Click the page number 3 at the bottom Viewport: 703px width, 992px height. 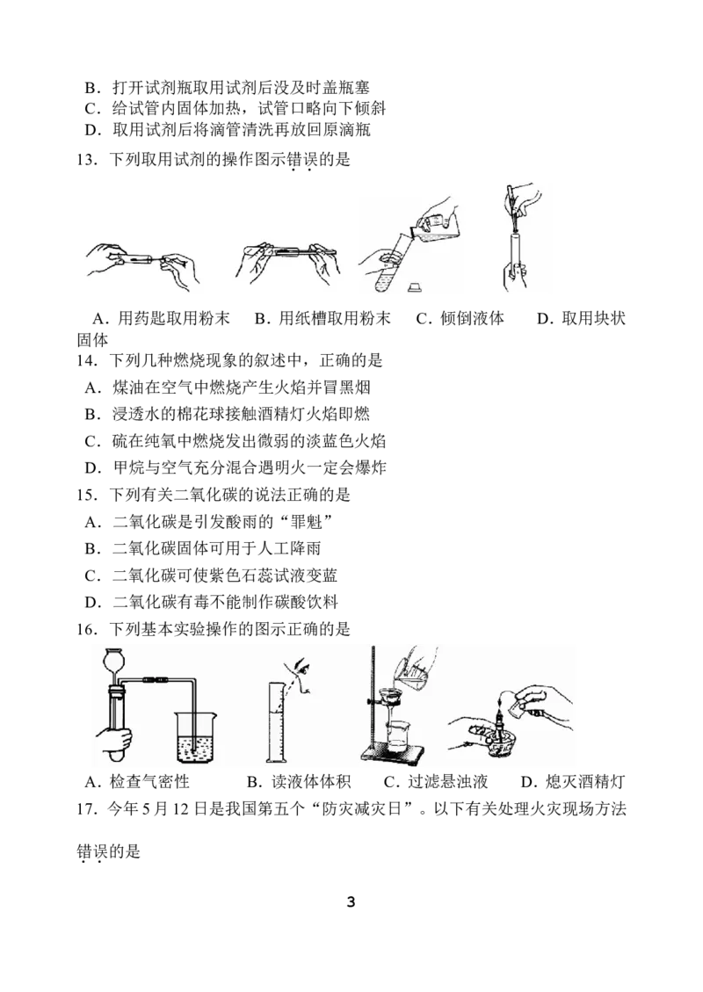351,901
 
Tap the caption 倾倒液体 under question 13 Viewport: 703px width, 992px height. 472,318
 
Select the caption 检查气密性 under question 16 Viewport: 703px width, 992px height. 149,782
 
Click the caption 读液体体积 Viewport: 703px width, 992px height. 311,782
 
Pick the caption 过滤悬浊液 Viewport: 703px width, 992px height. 448,782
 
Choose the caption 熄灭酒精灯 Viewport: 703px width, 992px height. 585,782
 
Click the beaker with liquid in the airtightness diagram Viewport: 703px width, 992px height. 198,736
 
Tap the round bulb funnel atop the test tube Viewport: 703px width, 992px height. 116,664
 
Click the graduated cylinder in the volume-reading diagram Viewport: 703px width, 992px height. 278,723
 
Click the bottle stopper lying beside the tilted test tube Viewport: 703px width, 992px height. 415,286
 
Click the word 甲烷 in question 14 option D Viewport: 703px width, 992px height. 128,468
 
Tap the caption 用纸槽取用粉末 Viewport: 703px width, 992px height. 334,318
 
